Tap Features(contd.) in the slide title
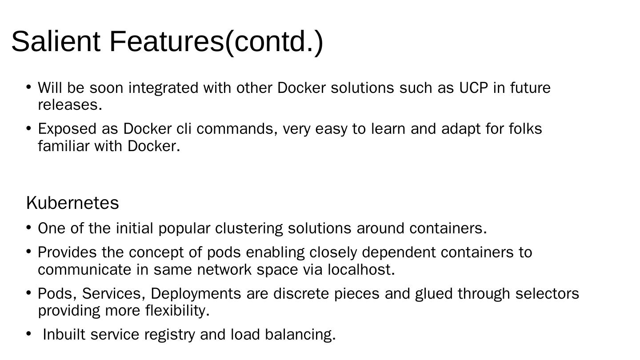(x=216, y=41)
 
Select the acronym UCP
(x=473, y=88)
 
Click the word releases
(x=70, y=105)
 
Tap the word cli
(x=184, y=129)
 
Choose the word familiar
(x=64, y=146)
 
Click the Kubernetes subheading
(x=72, y=203)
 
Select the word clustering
(x=249, y=228)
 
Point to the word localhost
(x=361, y=270)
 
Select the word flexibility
(x=177, y=311)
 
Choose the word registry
(x=169, y=335)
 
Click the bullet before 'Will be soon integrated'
(x=28, y=87)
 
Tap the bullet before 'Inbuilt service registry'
(x=28, y=333)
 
